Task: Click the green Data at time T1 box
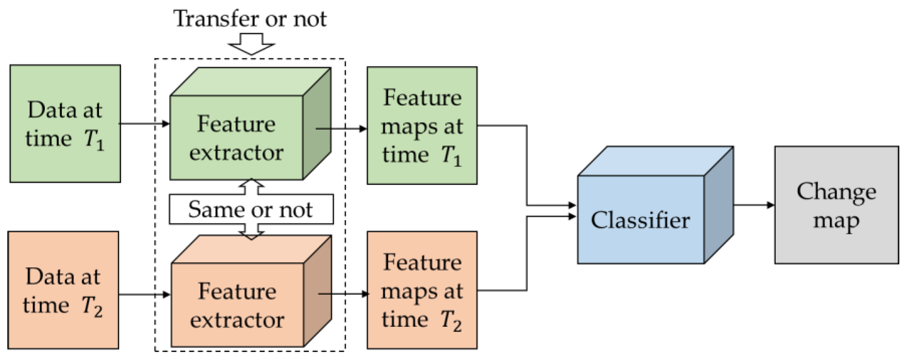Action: [x=65, y=123]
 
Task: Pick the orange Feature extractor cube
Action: [x=237, y=304]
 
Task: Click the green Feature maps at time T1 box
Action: [x=422, y=125]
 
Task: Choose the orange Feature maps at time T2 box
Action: [x=422, y=290]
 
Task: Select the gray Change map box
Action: [x=836, y=205]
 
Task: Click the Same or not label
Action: [x=250, y=209]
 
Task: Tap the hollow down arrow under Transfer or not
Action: [x=251, y=44]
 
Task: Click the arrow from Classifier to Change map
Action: [x=753, y=205]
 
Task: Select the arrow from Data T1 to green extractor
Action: [x=144, y=124]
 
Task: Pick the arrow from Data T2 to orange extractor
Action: [x=144, y=294]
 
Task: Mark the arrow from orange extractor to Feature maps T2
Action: [x=343, y=293]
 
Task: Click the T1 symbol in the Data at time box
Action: [x=94, y=140]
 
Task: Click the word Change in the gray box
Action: [x=836, y=192]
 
